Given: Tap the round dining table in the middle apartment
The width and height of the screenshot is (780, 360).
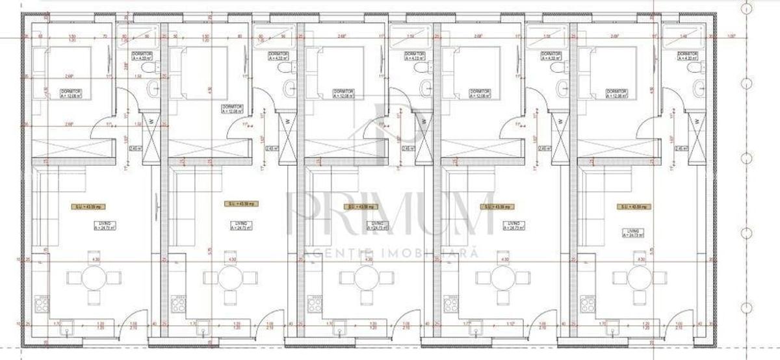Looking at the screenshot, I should coord(367,279).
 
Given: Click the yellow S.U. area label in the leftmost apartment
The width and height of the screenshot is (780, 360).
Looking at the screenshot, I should coord(86,206).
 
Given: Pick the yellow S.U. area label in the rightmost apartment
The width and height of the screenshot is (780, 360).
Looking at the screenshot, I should coord(632,206).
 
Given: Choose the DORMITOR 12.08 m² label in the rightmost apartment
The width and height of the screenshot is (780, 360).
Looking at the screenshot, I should coord(615,94).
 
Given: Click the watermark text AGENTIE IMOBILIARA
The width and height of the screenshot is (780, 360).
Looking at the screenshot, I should coord(390,251).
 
